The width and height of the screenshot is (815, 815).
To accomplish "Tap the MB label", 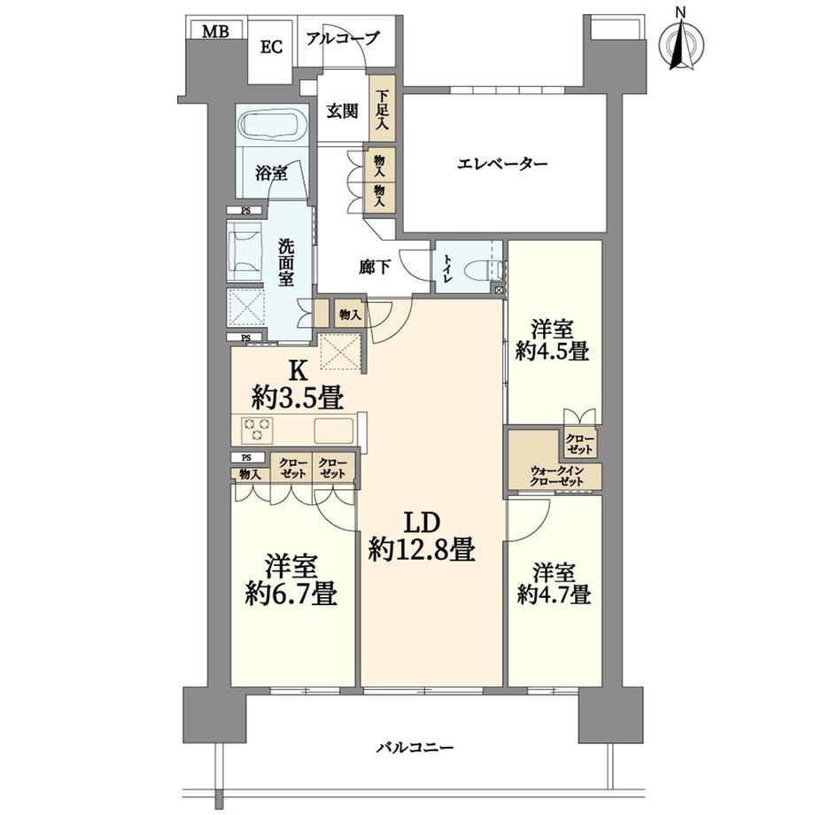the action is point(215,32).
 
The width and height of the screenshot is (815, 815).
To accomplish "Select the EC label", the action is point(271,47).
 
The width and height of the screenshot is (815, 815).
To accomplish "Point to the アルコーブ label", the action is point(343,38).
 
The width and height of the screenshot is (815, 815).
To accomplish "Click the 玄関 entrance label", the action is point(342,111).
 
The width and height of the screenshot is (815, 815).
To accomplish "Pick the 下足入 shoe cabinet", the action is point(382,109).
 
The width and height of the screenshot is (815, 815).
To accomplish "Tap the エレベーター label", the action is point(502,164).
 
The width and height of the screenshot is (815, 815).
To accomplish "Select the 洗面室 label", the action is point(285,262).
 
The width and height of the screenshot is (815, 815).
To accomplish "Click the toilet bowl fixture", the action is point(482,271).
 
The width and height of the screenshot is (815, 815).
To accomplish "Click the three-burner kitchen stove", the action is point(257,430).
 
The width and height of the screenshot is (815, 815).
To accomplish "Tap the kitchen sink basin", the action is point(333,430).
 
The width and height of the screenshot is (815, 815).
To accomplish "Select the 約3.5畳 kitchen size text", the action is point(298,399).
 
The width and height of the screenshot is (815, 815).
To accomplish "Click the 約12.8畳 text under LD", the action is point(422,549).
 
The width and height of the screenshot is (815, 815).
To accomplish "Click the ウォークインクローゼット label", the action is point(556,476).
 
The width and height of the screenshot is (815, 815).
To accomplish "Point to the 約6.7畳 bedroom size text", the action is point(291,594).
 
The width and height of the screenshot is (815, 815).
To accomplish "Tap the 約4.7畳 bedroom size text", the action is point(554,594).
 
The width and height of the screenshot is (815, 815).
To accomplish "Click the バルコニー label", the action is point(415,748).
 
